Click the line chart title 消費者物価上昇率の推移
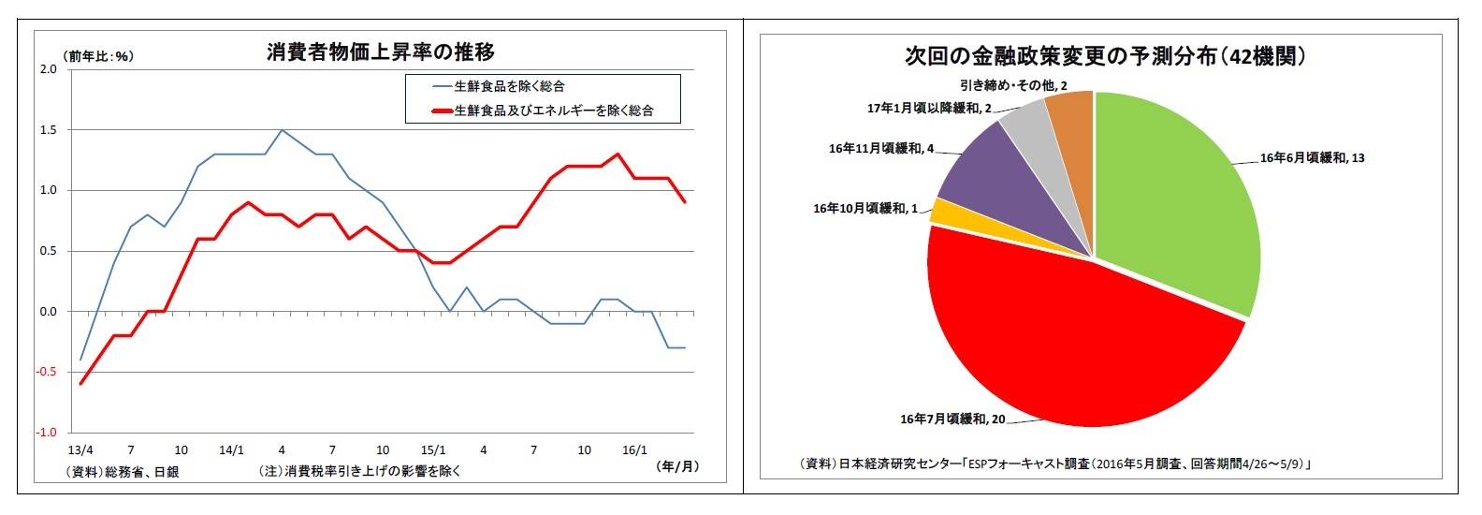380,52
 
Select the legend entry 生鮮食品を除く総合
509,86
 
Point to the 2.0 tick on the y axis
48,69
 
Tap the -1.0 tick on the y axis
46,433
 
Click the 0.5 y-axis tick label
48,251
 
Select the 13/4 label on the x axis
80,450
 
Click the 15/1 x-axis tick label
433,450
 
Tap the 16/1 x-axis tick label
634,450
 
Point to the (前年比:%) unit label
98,56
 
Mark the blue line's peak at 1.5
282,130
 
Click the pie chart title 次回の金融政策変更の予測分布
1104,56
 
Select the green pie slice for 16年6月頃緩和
1179,197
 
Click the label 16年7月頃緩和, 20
952,419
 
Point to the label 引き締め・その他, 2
1013,86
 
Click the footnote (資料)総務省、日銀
123,472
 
